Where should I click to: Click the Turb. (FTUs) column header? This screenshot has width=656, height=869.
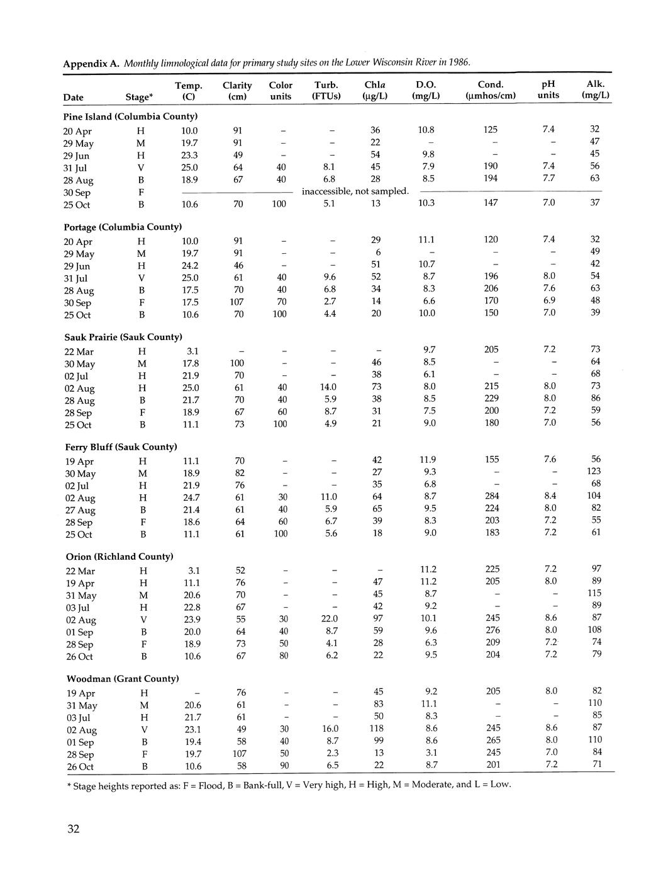[x=326, y=90]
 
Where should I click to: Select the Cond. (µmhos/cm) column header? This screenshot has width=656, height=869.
[x=491, y=89]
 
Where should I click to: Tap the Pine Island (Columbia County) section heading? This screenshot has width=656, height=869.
[x=131, y=116]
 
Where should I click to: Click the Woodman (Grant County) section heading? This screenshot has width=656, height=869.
[x=123, y=679]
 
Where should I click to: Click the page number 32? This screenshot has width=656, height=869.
[x=74, y=829]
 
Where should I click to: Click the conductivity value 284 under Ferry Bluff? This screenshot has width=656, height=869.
[x=492, y=496]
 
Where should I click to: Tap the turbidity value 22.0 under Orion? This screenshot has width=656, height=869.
[x=329, y=618]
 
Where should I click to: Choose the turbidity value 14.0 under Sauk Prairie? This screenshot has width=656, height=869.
[x=328, y=387]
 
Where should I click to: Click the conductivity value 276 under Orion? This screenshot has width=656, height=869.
[x=492, y=630]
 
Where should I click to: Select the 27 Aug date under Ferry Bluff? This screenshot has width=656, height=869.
[x=81, y=510]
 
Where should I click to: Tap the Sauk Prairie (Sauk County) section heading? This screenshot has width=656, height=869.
[x=123, y=337]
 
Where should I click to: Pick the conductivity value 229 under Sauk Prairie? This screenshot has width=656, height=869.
[x=492, y=399]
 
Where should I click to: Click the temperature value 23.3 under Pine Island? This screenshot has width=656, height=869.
[x=190, y=155]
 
